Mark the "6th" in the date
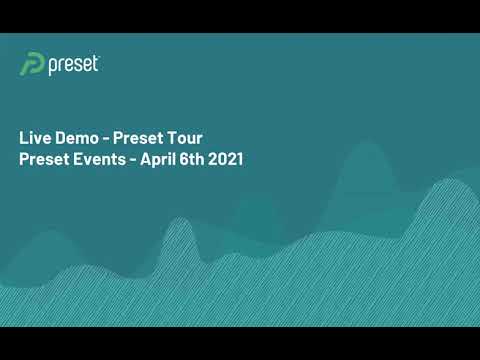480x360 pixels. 192,159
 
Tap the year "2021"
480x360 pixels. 225,159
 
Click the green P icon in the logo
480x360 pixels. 32,64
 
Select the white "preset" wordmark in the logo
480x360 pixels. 73,65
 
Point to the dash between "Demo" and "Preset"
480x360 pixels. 106,139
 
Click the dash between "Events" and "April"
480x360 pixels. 133,160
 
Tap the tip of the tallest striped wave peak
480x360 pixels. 450,179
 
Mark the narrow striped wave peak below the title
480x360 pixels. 179,218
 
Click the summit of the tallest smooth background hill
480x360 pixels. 368,144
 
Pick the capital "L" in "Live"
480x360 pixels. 24,138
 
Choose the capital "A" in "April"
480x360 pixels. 147,159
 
